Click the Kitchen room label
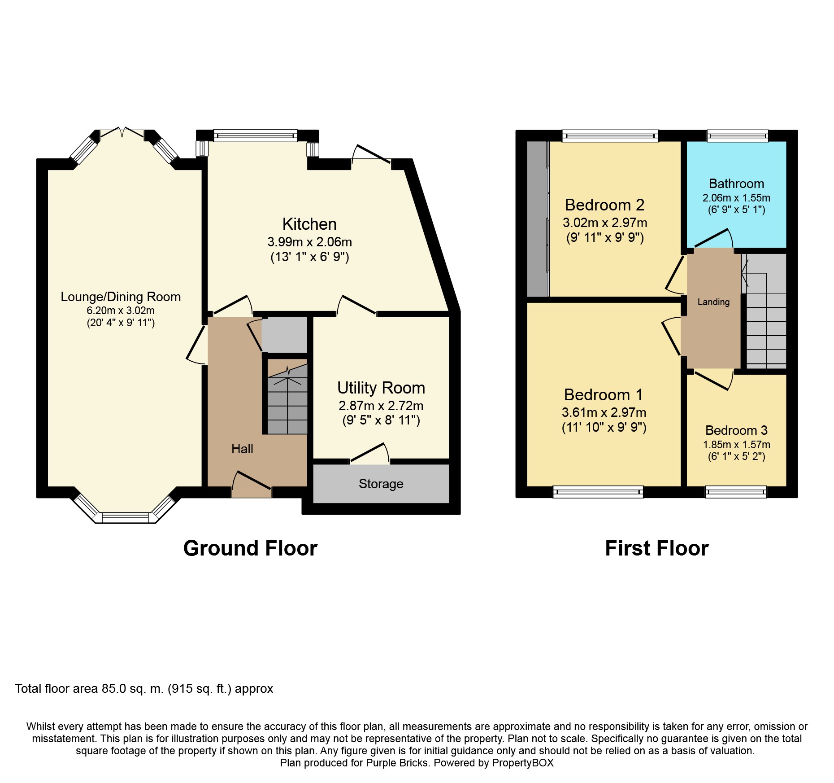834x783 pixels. pyautogui.click(x=309, y=224)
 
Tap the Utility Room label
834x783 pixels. pyautogui.click(x=381, y=388)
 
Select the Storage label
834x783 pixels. pyautogui.click(x=381, y=484)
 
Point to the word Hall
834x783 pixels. pyautogui.click(x=242, y=449)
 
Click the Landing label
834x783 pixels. pyautogui.click(x=713, y=302)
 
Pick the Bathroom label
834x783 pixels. pyautogui.click(x=736, y=184)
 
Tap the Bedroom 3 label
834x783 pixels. pyautogui.click(x=736, y=430)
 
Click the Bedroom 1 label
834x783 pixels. pyautogui.click(x=604, y=395)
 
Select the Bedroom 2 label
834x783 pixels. pyautogui.click(x=604, y=205)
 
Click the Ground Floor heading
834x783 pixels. pyautogui.click(x=250, y=548)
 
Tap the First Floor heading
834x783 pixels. pyautogui.click(x=657, y=548)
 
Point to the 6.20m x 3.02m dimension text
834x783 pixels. pyautogui.click(x=121, y=311)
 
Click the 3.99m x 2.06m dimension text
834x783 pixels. pyautogui.click(x=309, y=242)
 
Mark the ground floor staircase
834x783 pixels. pyautogui.click(x=287, y=397)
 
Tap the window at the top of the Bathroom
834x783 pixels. pyautogui.click(x=738, y=136)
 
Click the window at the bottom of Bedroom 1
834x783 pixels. pyautogui.click(x=598, y=492)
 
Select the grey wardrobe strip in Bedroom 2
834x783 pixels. pyautogui.click(x=538, y=219)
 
